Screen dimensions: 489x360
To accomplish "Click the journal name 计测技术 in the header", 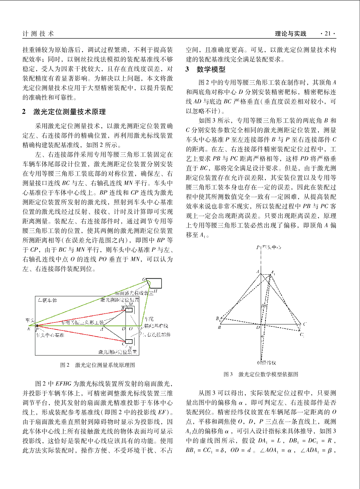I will tap(38, 34).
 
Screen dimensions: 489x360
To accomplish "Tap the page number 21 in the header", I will tap(328, 34).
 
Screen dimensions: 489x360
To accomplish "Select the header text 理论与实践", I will tap(291, 34).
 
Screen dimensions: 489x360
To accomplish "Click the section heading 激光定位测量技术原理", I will tap(69, 112).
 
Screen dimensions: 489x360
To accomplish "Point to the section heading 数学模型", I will tap(211, 69).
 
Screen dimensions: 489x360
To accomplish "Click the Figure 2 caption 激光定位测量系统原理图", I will tap(105, 365).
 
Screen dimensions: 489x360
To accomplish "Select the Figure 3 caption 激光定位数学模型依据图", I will tap(268, 374).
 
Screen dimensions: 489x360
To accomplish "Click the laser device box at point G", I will tap(153, 283).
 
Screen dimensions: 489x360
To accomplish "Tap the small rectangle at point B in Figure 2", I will tap(129, 309).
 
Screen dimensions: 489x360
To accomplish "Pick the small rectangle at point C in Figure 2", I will tap(129, 342).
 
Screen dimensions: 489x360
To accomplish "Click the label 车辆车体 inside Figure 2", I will tap(47, 300).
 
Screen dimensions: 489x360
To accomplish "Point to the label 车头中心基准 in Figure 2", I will tap(50, 335).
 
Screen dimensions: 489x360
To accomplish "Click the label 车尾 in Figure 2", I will tap(149, 319).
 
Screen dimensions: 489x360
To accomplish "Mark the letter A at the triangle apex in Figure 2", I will tap(102, 329).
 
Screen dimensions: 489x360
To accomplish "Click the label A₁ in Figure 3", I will tap(273, 273).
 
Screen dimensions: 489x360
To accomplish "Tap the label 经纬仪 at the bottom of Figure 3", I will tap(269, 363).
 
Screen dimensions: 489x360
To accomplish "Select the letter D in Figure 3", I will tap(258, 327).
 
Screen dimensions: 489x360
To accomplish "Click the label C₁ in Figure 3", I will tap(302, 335).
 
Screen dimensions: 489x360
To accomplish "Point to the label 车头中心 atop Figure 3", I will tap(272, 247).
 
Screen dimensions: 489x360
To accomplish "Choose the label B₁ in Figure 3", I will tap(218, 318).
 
